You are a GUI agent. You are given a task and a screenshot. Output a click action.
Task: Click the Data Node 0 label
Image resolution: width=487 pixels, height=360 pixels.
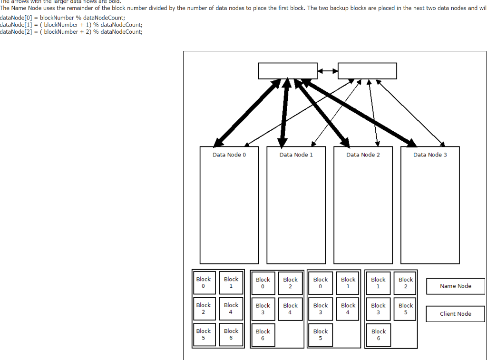pos(229,155)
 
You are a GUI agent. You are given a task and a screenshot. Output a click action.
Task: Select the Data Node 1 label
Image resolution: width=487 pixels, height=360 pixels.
pos(296,155)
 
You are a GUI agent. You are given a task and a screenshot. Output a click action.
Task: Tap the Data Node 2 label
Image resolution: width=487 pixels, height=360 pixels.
pos(363,155)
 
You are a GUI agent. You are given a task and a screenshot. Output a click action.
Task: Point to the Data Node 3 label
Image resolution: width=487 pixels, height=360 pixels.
pos(430,155)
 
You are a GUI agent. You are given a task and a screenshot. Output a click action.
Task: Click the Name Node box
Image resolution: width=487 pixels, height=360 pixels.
pos(455,286)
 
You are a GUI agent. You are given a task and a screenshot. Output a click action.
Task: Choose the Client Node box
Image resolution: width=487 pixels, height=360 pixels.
pos(455,314)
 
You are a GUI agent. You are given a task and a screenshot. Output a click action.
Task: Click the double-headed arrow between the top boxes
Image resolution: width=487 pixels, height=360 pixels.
pos(327,71)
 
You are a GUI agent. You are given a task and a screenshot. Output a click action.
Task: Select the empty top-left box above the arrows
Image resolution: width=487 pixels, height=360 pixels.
pos(288,71)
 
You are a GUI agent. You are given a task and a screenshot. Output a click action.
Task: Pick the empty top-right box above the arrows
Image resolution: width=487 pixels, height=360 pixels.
pos(367,71)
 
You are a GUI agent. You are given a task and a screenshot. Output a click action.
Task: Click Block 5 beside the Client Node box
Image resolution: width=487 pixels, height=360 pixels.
pos(406,309)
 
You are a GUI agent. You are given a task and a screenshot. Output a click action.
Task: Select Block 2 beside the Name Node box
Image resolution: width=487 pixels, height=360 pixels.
pos(406,283)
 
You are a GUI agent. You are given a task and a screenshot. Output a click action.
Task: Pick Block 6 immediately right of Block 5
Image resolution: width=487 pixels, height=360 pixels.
pos(231,334)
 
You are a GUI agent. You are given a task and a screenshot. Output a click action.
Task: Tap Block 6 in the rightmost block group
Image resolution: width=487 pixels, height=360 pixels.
pos(379,335)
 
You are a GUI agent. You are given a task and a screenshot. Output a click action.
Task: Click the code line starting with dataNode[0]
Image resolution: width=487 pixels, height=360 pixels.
pos(62,17)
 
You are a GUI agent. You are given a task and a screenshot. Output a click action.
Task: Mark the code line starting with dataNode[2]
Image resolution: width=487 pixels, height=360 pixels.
pos(71,31)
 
